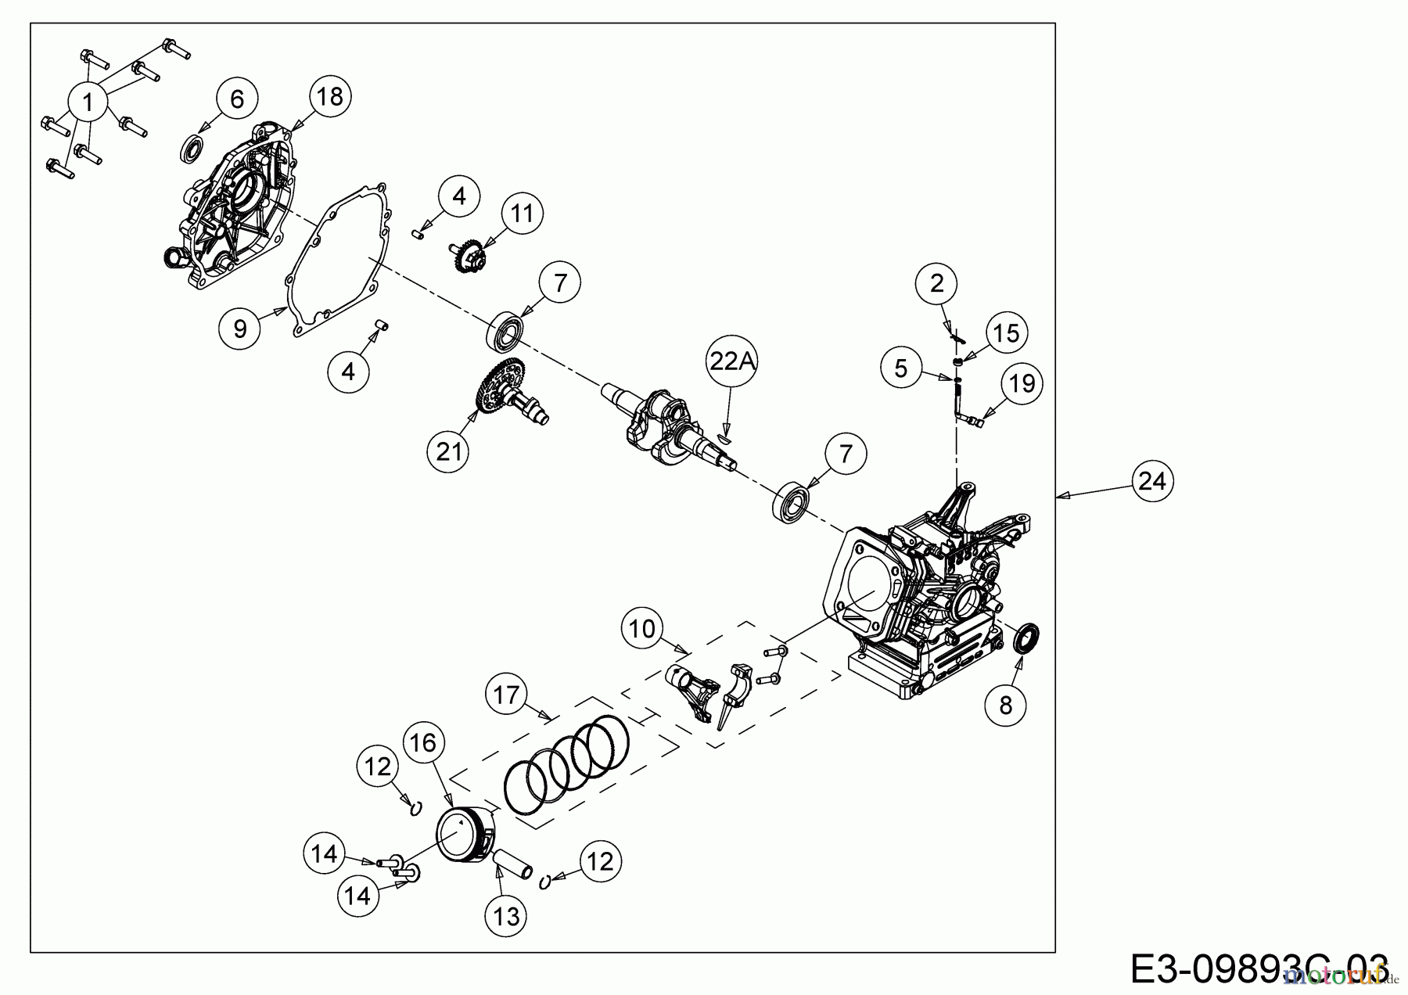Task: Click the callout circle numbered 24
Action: pyautogui.click(x=1152, y=481)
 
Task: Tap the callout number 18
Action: pyautogui.click(x=330, y=97)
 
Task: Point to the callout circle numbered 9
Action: pyautogui.click(x=239, y=329)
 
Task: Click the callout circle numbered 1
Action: pyautogui.click(x=88, y=101)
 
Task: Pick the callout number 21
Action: pyautogui.click(x=449, y=451)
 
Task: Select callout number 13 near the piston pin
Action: pyautogui.click(x=507, y=916)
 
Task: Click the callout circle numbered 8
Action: pyautogui.click(x=1006, y=705)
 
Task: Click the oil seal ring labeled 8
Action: pyautogui.click(x=1027, y=638)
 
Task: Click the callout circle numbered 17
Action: pyautogui.click(x=507, y=695)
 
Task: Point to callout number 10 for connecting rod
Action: pyautogui.click(x=642, y=629)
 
